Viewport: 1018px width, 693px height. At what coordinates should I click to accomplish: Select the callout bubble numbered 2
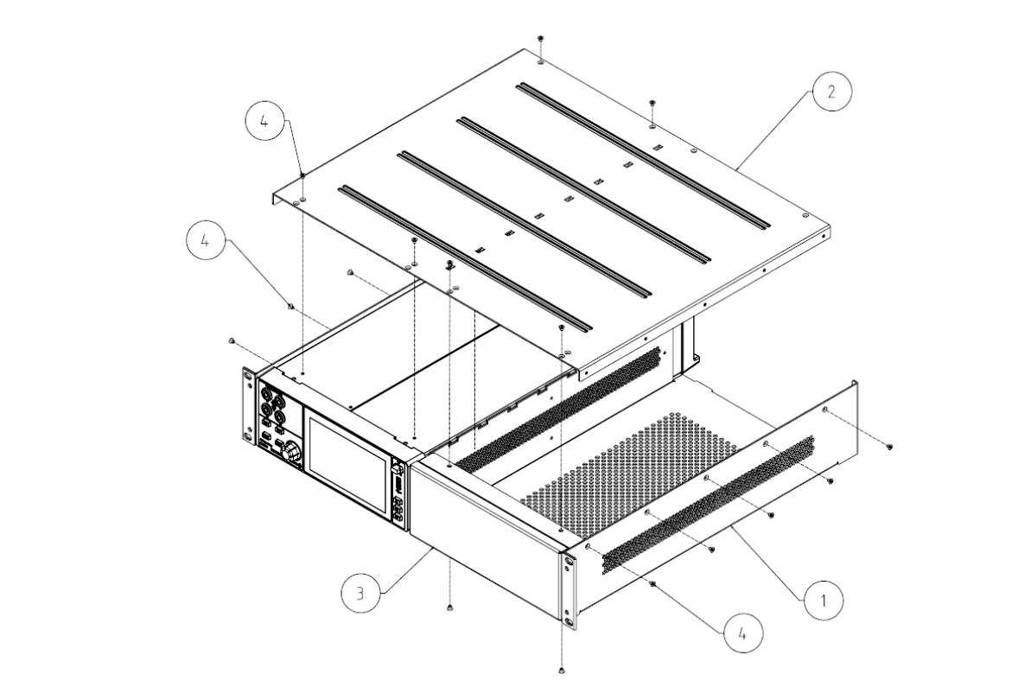click(x=830, y=92)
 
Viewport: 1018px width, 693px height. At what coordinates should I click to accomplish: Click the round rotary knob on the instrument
click(x=292, y=450)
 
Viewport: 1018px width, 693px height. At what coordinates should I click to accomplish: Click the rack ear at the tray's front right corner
click(x=568, y=592)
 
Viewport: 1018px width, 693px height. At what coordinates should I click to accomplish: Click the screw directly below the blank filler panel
click(x=451, y=608)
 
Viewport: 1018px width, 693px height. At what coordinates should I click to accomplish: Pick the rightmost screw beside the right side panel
click(x=890, y=446)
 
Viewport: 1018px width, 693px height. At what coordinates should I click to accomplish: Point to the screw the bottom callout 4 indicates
click(x=654, y=585)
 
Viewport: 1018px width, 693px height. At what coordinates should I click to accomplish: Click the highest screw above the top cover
click(x=540, y=39)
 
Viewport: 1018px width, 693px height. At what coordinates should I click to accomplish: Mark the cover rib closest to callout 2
click(x=643, y=156)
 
